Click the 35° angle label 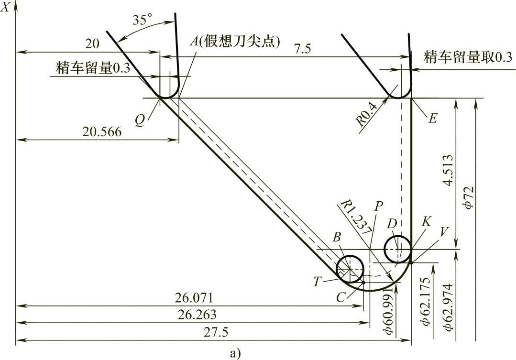click(x=143, y=20)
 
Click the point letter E click(x=432, y=118)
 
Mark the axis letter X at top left click(x=7, y=9)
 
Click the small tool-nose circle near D click(x=397, y=249)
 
